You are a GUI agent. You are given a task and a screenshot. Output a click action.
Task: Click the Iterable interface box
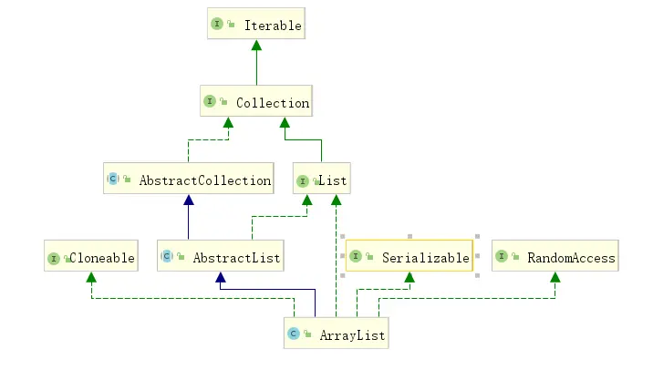(x=254, y=25)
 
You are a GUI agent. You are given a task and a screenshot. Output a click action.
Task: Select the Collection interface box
(x=256, y=102)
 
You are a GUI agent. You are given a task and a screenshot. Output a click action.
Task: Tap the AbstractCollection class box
(x=189, y=180)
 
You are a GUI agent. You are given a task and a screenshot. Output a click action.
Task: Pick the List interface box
(x=321, y=180)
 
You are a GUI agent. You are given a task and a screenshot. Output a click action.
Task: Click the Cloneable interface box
(x=90, y=258)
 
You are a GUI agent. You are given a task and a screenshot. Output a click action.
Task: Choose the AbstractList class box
(x=220, y=258)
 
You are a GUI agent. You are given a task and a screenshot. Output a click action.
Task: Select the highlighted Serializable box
(x=409, y=258)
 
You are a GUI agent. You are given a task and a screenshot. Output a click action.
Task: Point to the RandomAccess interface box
(x=555, y=258)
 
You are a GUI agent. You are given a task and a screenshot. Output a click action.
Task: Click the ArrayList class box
(x=336, y=335)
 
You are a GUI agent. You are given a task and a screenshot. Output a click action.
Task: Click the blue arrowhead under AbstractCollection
(x=188, y=200)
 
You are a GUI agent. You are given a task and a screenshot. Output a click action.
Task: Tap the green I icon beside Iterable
(x=217, y=25)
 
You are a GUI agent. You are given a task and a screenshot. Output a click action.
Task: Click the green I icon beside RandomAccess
(x=502, y=258)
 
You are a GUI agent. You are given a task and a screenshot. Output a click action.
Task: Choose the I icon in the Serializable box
(x=355, y=258)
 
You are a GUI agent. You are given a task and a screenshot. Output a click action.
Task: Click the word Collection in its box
(x=272, y=103)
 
